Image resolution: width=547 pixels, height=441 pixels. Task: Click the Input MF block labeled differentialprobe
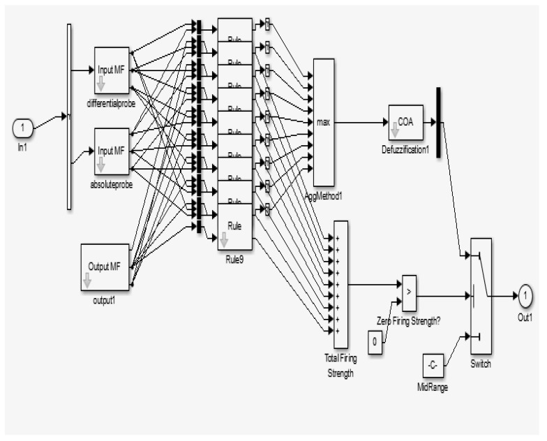coord(112,70)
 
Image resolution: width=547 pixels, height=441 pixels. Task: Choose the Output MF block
coord(105,267)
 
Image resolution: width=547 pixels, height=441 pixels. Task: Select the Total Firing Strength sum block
coord(340,284)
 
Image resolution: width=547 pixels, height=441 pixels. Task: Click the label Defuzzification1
coord(407,148)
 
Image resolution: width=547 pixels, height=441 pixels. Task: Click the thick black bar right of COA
coord(438,122)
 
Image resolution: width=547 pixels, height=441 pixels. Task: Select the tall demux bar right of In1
coord(68,117)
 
